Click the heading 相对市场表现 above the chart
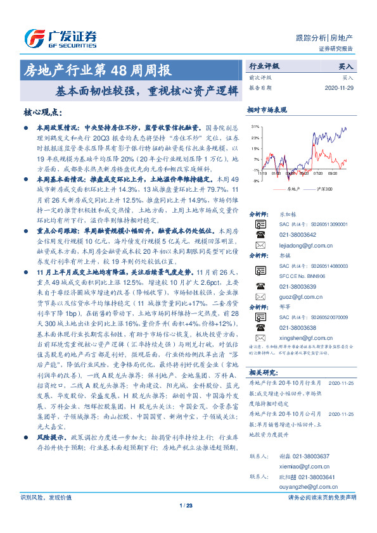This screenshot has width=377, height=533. [267, 110]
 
